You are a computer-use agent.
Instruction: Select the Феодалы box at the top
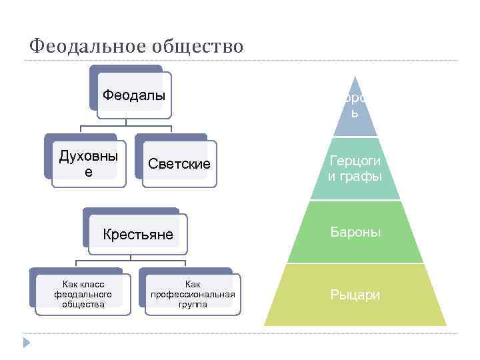point(133,95)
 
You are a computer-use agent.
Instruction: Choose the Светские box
point(179,164)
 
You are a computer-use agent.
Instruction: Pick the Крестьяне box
point(137,234)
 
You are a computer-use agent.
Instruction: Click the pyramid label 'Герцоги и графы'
point(355,169)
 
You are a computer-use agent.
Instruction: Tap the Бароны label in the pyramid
point(355,232)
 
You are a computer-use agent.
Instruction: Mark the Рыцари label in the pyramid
point(355,294)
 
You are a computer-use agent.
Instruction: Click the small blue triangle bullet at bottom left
point(27,342)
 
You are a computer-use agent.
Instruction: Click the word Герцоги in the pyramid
point(355,161)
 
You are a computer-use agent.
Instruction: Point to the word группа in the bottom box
point(193,304)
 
